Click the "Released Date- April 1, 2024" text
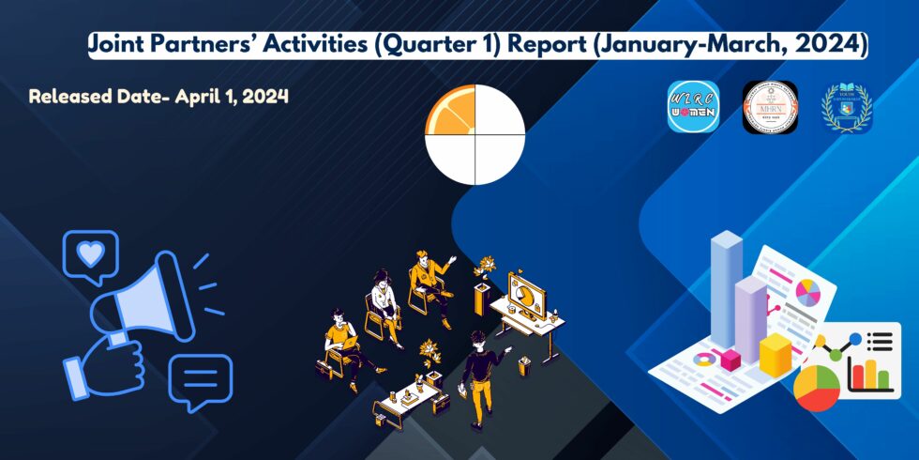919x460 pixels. (158, 97)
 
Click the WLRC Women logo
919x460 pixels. (693, 107)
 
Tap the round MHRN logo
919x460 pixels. (770, 107)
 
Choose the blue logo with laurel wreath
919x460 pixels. (847, 107)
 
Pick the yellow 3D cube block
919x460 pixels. (776, 355)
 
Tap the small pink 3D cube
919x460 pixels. (730, 359)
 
